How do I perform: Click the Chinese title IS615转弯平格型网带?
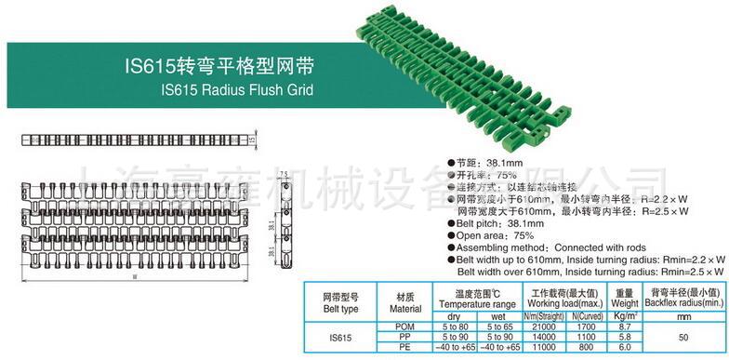(x=219, y=67)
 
